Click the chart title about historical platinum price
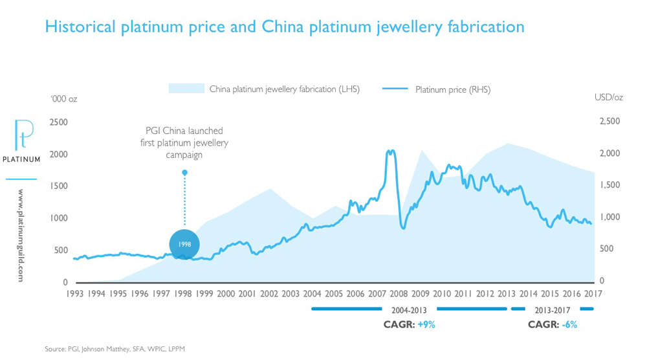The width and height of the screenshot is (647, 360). point(283,27)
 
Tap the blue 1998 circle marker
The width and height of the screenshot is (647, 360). point(184,244)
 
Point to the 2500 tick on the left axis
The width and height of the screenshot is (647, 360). point(59,122)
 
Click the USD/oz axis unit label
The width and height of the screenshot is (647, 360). point(608,98)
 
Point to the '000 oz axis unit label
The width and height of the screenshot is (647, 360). point(64,98)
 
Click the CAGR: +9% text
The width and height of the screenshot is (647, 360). point(409,324)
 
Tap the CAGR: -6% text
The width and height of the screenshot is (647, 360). point(551,324)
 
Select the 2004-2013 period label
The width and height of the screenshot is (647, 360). point(409,309)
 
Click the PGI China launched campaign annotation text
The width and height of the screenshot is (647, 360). point(184,142)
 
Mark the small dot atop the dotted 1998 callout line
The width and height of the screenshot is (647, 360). point(184,172)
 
